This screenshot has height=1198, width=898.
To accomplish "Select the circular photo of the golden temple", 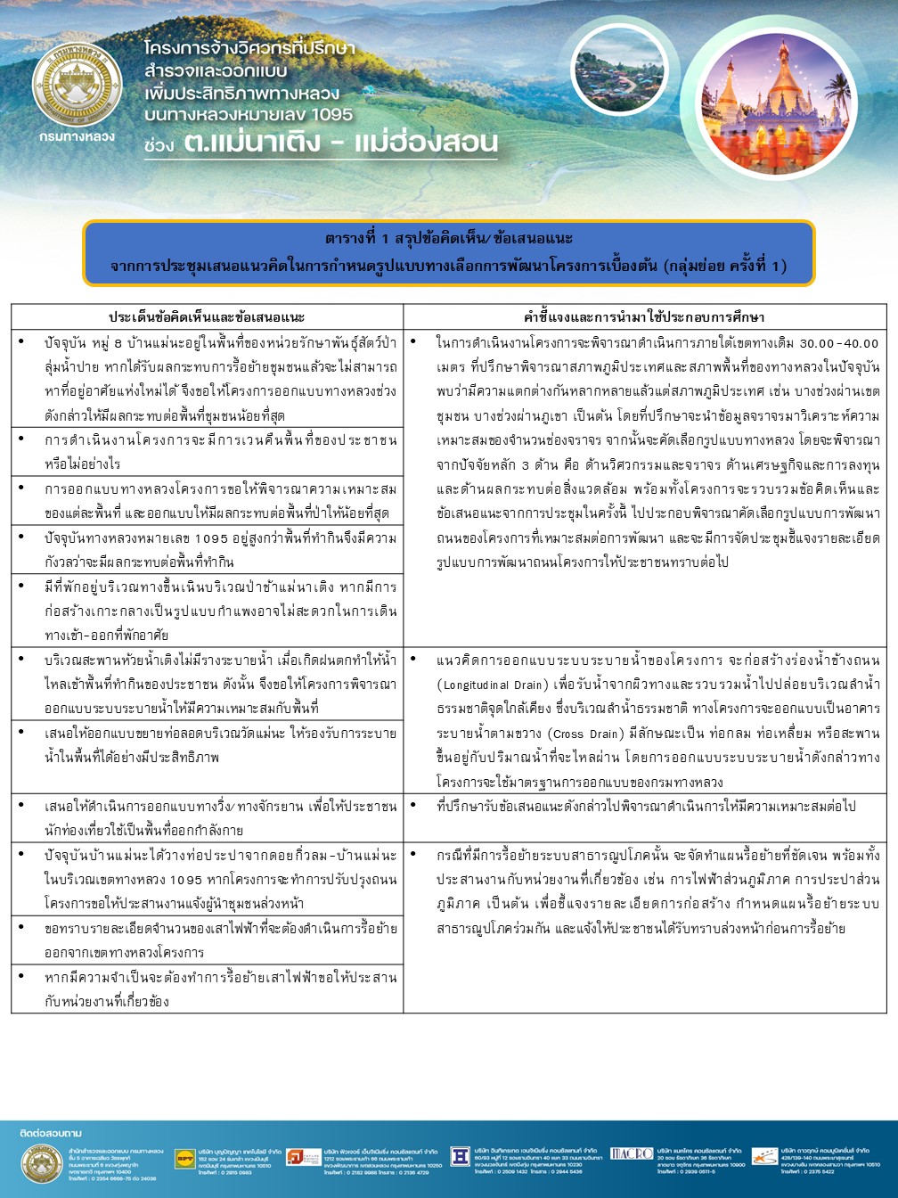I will [778, 101].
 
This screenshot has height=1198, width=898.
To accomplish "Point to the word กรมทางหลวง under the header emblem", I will [78, 136].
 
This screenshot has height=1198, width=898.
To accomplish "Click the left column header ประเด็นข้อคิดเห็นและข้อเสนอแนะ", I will [207, 317].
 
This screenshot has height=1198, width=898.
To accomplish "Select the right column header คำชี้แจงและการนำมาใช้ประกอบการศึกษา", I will [644, 317].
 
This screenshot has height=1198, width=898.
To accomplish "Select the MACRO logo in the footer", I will [632, 1153].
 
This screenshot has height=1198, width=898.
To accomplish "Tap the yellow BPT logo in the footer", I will [184, 1158].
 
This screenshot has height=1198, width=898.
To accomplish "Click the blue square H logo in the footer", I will [460, 1156].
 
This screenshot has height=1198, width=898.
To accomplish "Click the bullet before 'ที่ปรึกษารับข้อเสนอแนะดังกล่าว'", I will [414, 805].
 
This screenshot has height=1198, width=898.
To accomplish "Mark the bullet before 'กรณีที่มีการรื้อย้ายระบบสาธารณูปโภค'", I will [414, 854].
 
